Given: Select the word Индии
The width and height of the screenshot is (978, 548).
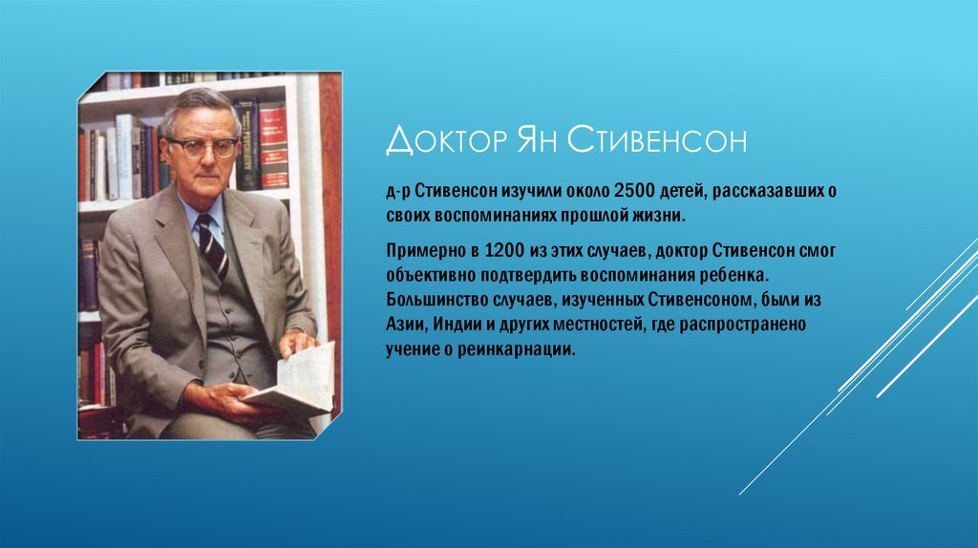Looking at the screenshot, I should [x=464, y=325].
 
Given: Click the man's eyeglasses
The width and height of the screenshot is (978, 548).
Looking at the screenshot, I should [x=202, y=146].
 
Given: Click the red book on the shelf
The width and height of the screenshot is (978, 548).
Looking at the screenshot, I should [x=273, y=143].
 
